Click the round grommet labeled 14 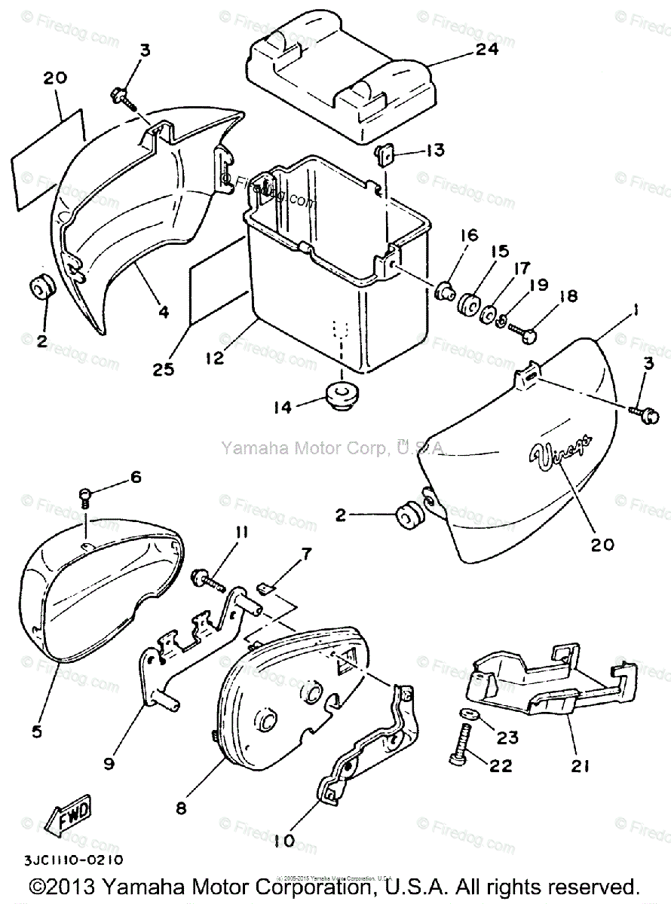[343, 393]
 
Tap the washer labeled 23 [466, 713]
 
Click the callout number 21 [581, 766]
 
